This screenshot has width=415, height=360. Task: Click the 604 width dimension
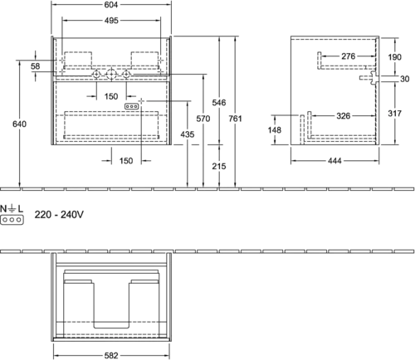tap(111, 5)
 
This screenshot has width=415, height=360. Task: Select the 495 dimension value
tap(111, 21)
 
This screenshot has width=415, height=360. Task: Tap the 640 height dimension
tap(19, 124)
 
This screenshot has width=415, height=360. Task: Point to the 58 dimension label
tap(36, 66)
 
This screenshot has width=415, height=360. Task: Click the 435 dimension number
tap(188, 134)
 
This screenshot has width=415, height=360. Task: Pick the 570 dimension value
tap(203, 119)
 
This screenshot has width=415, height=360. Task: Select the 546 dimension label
tap(219, 103)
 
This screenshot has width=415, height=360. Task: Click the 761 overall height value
tap(235, 119)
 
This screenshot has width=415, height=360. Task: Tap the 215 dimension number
tap(219, 166)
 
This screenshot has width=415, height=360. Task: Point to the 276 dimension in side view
tap(348, 56)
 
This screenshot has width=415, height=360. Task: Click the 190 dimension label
tap(394, 57)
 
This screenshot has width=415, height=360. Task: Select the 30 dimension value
tap(404, 79)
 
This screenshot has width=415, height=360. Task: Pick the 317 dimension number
tap(394, 114)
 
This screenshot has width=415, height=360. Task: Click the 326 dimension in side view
tap(344, 116)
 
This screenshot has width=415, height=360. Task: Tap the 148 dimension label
tap(275, 129)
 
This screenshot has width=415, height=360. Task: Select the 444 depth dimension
tap(334, 161)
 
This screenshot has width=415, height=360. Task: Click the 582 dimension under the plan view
tap(111, 355)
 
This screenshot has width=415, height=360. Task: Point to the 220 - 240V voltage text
tap(59, 214)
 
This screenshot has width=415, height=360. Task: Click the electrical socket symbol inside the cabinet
tap(131, 106)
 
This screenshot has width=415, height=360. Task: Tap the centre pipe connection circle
tap(111, 75)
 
